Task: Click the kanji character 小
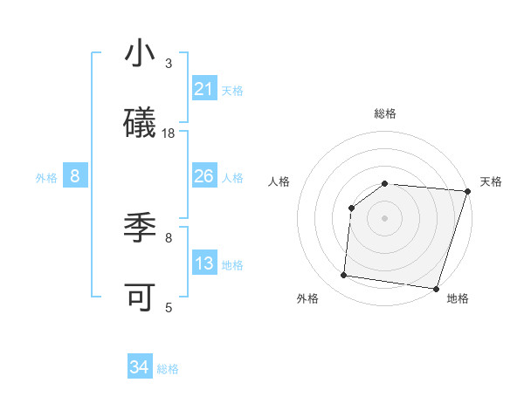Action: (140, 54)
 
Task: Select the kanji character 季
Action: (140, 229)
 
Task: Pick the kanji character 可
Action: (140, 297)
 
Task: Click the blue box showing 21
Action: (204, 89)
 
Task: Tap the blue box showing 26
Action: (204, 176)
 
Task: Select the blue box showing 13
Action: (204, 263)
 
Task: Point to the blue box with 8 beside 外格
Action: (75, 176)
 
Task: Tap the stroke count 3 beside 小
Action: (169, 63)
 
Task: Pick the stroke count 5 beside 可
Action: (169, 307)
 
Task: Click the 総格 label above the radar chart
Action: (385, 113)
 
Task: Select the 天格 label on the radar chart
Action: (491, 181)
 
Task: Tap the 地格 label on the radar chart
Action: (458, 298)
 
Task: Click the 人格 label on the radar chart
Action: (279, 181)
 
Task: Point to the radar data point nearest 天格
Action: (466, 190)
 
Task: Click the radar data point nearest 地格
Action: (436, 288)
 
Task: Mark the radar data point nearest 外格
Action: (344, 276)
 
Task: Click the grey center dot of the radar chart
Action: (385, 216)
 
